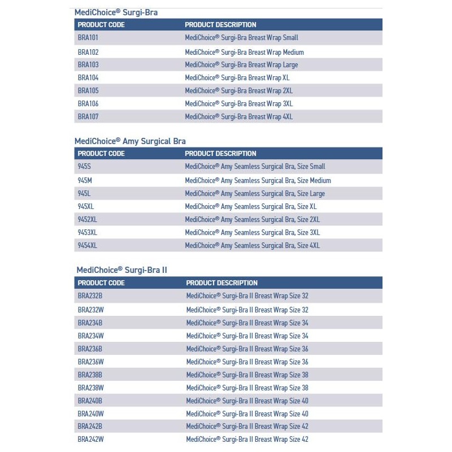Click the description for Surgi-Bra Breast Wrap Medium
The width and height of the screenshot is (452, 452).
click(244, 52)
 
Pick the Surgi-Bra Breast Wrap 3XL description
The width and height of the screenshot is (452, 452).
click(238, 104)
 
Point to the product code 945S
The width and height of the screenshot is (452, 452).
click(84, 167)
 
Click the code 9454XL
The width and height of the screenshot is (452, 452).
click(88, 246)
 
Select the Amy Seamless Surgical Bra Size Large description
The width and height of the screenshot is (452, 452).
click(255, 194)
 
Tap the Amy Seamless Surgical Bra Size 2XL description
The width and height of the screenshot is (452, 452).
click(252, 220)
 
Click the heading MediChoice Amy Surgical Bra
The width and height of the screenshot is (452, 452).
click(130, 141)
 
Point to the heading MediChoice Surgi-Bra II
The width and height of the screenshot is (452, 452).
click(121, 270)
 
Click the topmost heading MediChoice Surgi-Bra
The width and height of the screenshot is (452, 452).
click(116, 12)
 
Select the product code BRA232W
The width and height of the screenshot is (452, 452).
click(90, 310)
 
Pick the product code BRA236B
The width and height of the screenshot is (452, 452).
click(90, 349)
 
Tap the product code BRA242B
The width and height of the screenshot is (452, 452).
click(90, 427)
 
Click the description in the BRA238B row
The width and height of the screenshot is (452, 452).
click(247, 375)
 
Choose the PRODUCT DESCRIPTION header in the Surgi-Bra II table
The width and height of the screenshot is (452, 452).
click(221, 283)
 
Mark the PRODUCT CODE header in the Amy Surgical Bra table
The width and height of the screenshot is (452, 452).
click(101, 154)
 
